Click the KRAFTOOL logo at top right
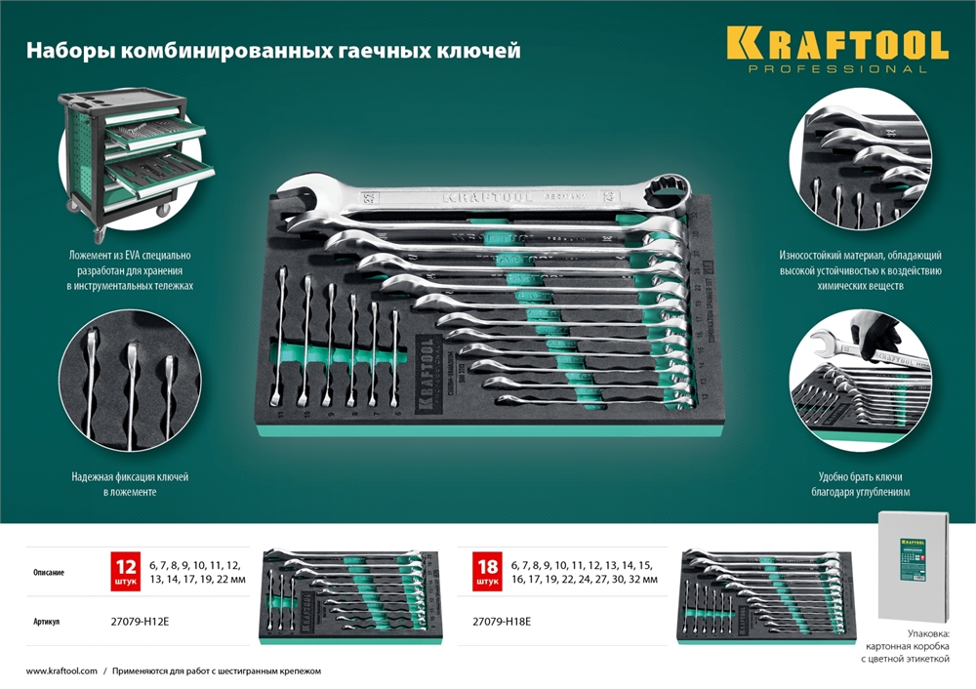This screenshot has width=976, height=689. [836, 45]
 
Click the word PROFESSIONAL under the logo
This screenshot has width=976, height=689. [836, 69]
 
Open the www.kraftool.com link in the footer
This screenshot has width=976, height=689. [61, 671]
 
